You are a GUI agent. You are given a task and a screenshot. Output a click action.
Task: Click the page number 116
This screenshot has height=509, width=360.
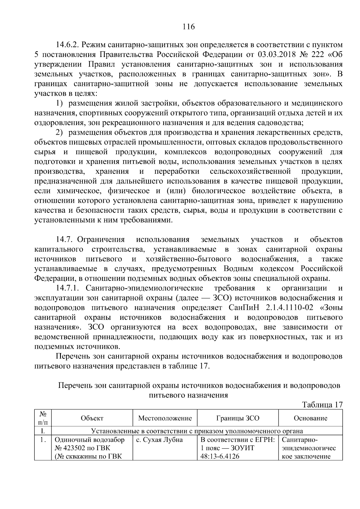[189, 27]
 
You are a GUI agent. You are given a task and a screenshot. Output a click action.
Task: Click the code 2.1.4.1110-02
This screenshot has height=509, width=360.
[289, 308]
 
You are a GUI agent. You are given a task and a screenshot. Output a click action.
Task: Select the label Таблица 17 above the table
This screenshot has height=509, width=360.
[322, 405]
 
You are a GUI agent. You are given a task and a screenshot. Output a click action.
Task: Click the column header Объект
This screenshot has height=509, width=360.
[92, 418]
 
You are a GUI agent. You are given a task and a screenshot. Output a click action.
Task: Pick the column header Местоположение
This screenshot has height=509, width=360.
[165, 418]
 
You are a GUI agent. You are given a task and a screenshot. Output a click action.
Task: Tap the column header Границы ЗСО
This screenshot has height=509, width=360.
[238, 418]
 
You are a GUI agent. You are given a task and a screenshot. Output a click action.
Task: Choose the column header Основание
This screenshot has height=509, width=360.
[310, 418]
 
